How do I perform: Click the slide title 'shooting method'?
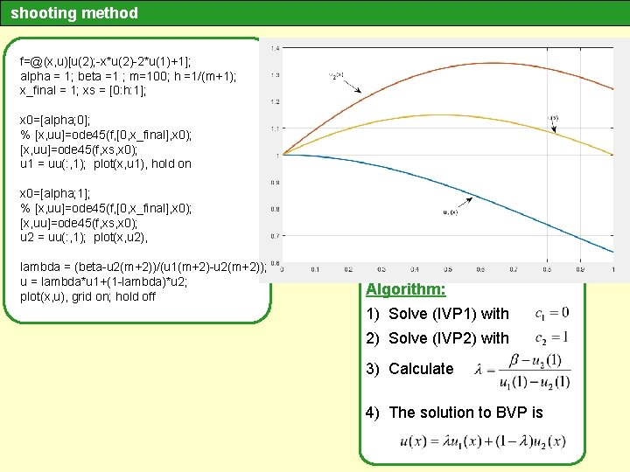(74, 13)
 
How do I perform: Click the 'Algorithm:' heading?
(405, 290)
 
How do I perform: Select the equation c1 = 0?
(551, 313)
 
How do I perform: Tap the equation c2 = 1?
(551, 337)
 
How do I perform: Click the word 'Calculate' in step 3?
(421, 369)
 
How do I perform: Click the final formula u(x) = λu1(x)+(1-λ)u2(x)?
(481, 441)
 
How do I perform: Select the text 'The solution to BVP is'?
(465, 413)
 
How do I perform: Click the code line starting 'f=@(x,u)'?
(113, 62)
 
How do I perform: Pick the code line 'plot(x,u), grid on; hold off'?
(87, 296)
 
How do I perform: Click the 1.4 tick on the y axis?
(276, 48)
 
